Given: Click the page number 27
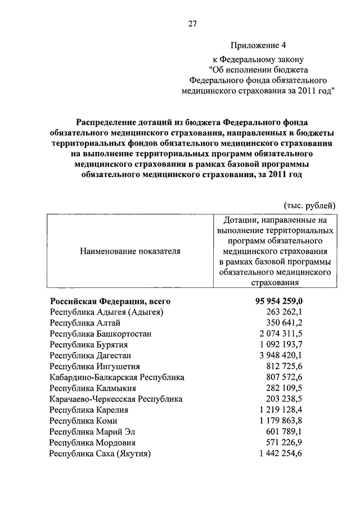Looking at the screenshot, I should pyautogui.click(x=192, y=24).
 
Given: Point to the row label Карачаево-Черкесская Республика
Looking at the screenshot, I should pyautogui.click(x=116, y=399).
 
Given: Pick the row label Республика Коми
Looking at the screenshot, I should pyautogui.click(x=86, y=421).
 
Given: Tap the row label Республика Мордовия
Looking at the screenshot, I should pyautogui.click(x=93, y=442).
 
